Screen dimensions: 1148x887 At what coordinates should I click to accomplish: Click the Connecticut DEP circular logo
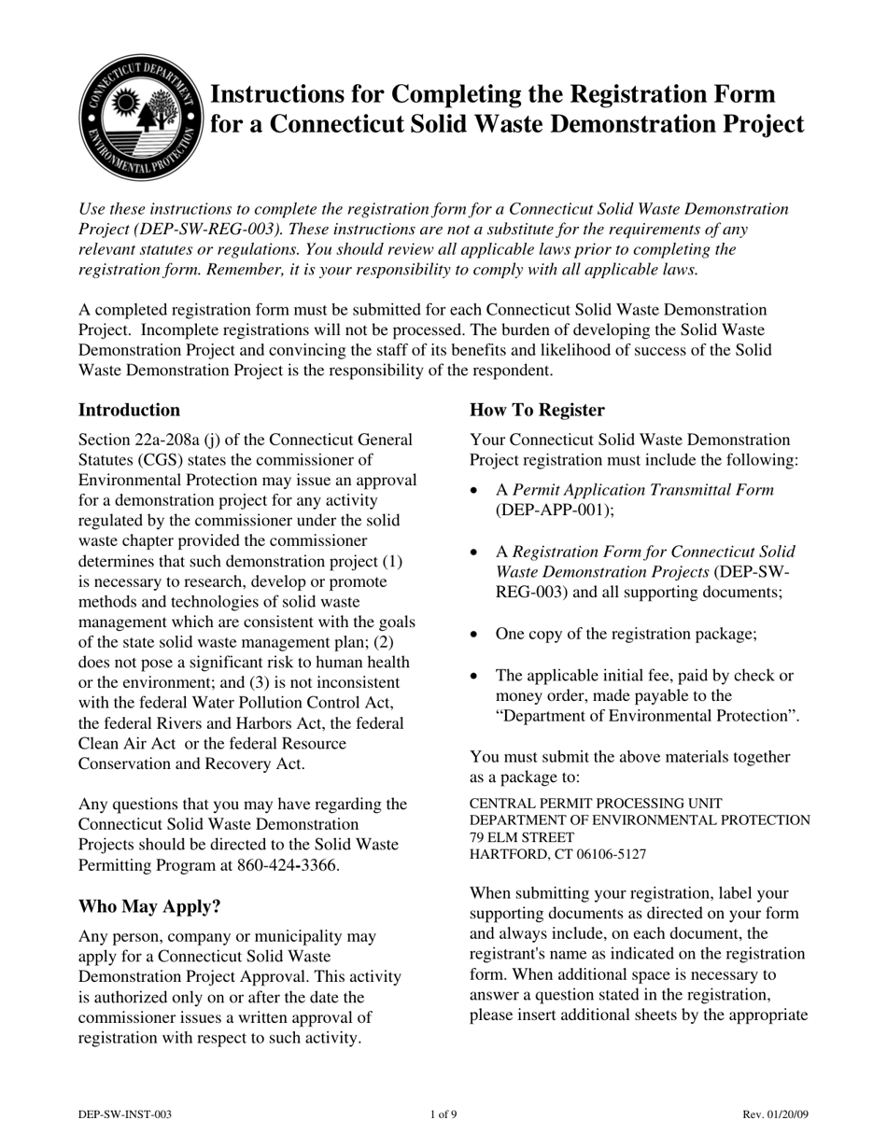141,118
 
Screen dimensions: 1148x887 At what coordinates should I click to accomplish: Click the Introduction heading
129,410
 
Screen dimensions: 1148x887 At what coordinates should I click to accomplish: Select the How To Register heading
537,410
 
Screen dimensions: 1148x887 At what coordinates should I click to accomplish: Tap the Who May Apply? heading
149,906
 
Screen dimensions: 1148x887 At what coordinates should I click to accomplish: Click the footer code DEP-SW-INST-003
125,1114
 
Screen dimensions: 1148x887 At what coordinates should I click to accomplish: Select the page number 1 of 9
443,1114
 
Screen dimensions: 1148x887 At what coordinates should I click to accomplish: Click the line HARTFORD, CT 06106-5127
557,854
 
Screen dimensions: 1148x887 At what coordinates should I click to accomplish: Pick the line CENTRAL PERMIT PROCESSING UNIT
596,803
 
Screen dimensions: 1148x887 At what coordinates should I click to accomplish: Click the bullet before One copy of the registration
476,635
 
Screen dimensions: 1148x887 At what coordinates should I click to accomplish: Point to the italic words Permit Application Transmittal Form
643,490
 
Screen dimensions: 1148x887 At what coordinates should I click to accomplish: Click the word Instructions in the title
277,94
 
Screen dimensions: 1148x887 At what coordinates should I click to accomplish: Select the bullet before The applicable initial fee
476,676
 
